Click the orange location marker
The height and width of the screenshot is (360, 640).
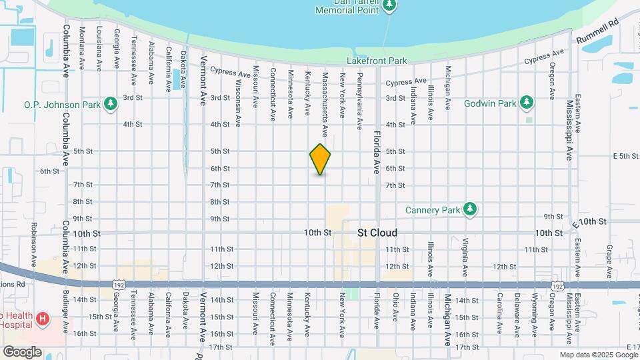pyautogui.click(x=321, y=159)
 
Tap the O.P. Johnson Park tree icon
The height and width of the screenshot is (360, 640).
pyautogui.click(x=111, y=104)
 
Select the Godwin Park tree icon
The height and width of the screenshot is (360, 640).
pyautogui.click(x=527, y=103)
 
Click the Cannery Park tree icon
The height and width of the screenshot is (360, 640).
pyautogui.click(x=471, y=209)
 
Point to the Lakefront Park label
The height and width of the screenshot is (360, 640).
pyautogui.click(x=377, y=61)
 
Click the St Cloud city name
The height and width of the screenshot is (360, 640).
pyautogui.click(x=377, y=233)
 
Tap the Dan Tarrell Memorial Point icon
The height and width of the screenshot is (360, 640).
pyautogui.click(x=390, y=7)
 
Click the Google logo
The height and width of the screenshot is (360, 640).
pyautogui.click(x=22, y=351)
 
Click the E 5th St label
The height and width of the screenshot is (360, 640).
pyautogui.click(x=625, y=156)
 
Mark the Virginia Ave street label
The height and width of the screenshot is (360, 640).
pyautogui.click(x=465, y=257)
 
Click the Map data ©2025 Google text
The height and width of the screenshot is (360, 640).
pyautogui.click(x=598, y=355)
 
